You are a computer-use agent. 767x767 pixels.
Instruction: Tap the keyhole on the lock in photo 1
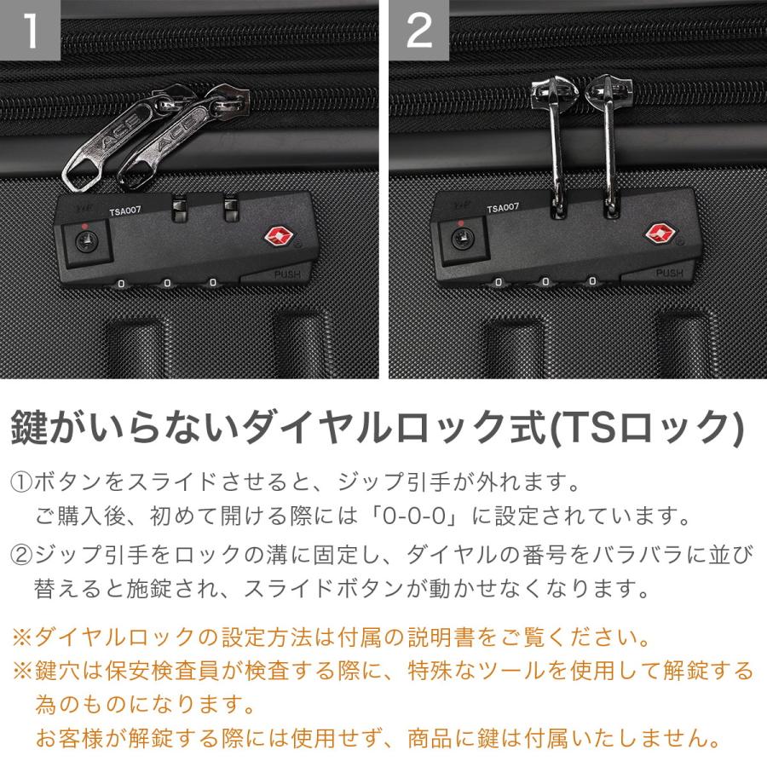pyautogui.click(x=84, y=240)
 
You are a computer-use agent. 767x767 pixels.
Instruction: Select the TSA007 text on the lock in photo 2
pyautogui.click(x=503, y=208)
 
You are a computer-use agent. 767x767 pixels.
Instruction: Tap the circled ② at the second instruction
pyautogui.click(x=20, y=556)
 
